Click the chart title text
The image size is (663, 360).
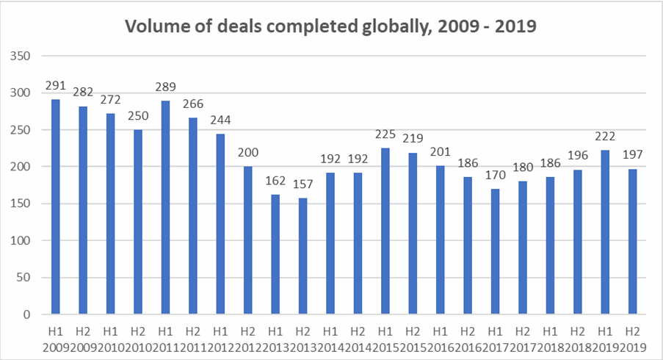click(331, 26)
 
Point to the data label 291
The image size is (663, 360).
click(55, 85)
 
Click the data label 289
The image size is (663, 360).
click(164, 87)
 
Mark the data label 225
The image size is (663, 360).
click(385, 134)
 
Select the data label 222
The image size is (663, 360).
click(604, 137)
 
